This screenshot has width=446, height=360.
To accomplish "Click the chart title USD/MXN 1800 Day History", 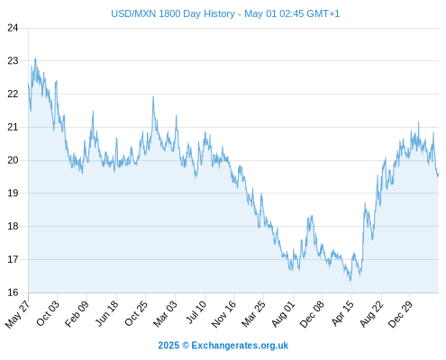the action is (x=173, y=13).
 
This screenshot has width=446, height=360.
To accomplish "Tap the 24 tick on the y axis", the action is (x=13, y=28).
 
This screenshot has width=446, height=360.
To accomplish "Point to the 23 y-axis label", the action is (x=13, y=61).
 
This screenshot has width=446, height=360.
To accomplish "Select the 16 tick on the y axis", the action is (x=13, y=292).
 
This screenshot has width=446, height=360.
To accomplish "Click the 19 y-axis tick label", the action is (x=13, y=193).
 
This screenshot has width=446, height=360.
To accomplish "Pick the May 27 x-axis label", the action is (x=17, y=314).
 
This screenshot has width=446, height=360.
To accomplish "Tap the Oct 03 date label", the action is (x=48, y=313).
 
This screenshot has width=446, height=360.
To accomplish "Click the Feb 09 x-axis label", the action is (x=77, y=313).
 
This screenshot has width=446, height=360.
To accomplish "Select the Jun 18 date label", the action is (x=106, y=313).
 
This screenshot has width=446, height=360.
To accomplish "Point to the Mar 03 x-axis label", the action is (x=165, y=314).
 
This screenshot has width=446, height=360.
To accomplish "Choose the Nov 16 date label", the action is (x=223, y=314).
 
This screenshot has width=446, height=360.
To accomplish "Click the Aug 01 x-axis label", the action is (x=283, y=314).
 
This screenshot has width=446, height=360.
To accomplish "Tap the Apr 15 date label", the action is (x=342, y=313).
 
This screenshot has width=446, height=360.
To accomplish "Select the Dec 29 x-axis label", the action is (x=400, y=314).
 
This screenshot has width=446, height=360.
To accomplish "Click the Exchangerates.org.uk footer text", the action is (x=240, y=346).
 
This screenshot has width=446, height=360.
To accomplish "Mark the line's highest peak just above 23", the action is (x=35, y=58).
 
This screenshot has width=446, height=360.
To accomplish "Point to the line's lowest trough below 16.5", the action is (x=350, y=281).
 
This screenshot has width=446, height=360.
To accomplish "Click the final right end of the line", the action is (x=438, y=174).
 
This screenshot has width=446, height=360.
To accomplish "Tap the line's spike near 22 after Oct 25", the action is (x=153, y=97).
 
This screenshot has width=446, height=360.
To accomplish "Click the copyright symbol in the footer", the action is (x=186, y=346).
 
